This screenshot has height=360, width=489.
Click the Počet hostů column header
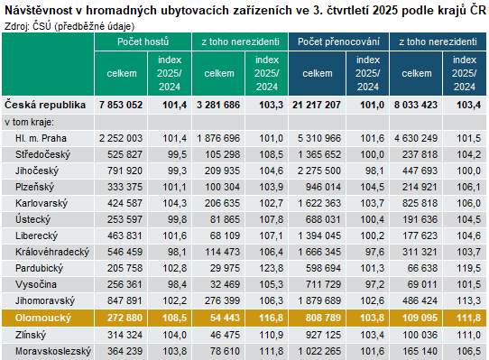click(x=143, y=42)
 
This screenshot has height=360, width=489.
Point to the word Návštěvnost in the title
click(x=38, y=9)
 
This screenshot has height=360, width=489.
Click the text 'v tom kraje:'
click(x=30, y=122)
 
